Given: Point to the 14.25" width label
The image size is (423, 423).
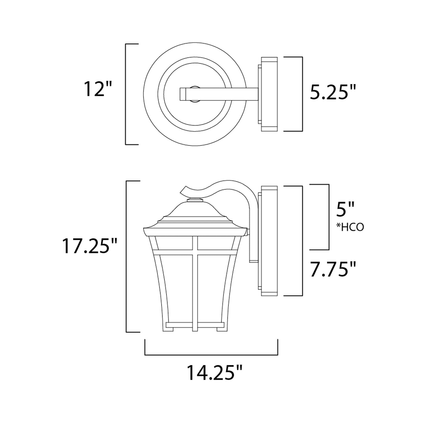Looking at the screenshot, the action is tap(214, 372).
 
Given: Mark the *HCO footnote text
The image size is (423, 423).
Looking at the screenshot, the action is tap(350, 228).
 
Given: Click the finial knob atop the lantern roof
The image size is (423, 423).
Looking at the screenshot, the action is tap(195, 200).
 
